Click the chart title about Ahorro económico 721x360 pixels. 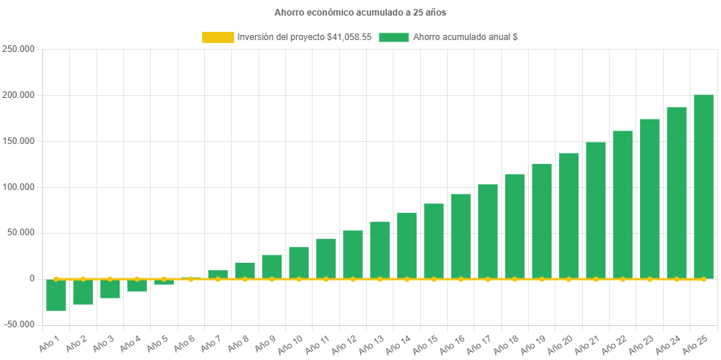[x=360, y=13]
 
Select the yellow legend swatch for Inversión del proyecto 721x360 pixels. [x=217, y=37]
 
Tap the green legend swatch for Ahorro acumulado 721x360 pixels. [x=394, y=37]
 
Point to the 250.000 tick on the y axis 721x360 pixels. [x=20, y=49]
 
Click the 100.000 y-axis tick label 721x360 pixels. [x=20, y=186]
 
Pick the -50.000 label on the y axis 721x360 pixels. [x=20, y=324]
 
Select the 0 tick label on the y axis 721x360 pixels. [x=32, y=278]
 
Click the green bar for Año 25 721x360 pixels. [x=703, y=186]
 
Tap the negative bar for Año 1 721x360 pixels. [x=56, y=295]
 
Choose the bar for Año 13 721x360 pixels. [x=379, y=249]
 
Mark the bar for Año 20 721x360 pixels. [x=569, y=215]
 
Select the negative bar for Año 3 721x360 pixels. [x=110, y=289]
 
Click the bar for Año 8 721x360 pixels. [x=245, y=270]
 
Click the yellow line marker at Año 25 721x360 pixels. [x=703, y=279]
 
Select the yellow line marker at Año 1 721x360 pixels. [x=56, y=279]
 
